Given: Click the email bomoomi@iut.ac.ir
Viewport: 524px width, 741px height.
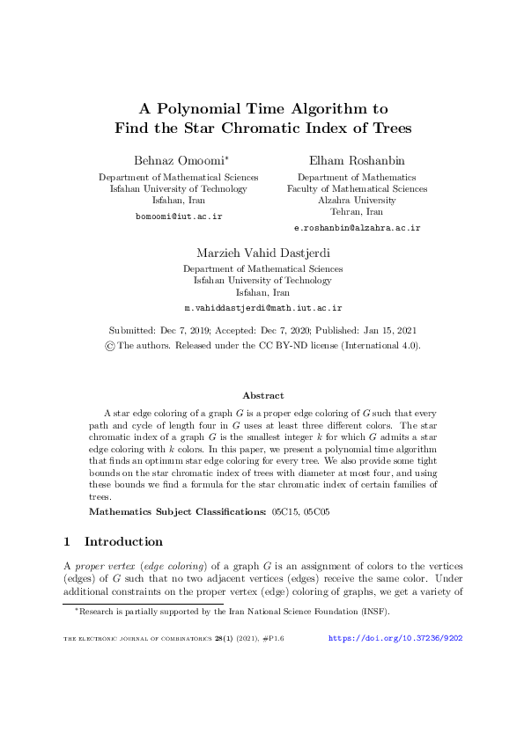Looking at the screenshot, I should [178, 216].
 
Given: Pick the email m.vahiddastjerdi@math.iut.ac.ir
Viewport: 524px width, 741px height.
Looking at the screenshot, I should [262, 308].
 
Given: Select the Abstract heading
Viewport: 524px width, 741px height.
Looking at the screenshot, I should [262, 395].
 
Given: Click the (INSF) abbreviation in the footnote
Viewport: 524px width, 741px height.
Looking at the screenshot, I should [373, 612].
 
